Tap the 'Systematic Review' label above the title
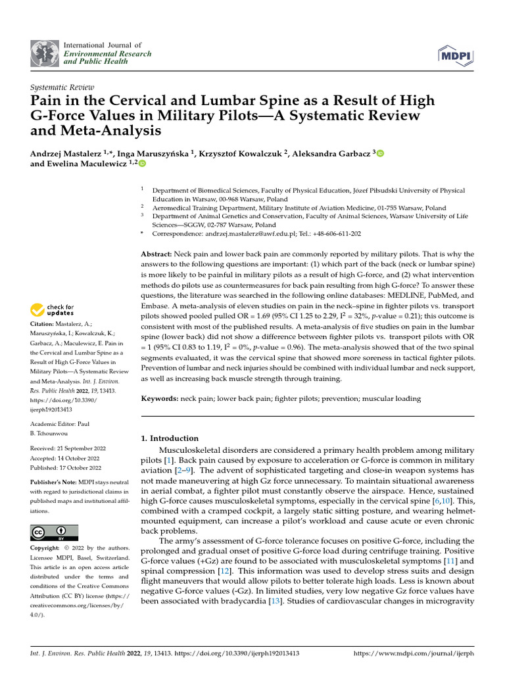point(62,87)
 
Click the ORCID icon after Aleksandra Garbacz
point(380,153)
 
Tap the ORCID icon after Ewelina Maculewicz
point(141,164)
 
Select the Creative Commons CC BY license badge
point(55,532)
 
